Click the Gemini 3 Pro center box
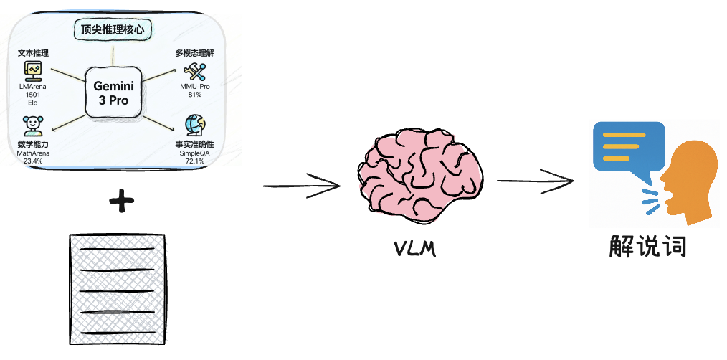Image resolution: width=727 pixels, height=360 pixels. point(113,93)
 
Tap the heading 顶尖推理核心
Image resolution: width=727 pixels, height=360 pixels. point(114,30)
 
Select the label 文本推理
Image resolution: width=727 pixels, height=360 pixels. point(33,53)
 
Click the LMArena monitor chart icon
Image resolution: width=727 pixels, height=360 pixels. point(33,70)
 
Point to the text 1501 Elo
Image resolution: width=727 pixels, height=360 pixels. point(33,98)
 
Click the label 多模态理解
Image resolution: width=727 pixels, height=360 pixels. point(194,53)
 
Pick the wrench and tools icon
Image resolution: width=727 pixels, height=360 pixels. point(194,71)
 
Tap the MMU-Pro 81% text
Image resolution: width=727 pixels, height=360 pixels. point(194,90)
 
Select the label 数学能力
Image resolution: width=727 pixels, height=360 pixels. point(33,144)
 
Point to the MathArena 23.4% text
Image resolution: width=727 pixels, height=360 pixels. point(33,157)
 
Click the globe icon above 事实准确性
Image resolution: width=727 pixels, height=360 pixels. point(194,126)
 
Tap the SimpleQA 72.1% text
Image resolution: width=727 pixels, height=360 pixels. point(194,157)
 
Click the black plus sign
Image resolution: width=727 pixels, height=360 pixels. point(122,203)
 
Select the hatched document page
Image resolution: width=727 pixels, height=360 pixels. point(117,290)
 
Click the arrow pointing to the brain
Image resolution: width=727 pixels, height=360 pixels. point(301,186)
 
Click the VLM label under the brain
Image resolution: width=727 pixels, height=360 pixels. point(417,250)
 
